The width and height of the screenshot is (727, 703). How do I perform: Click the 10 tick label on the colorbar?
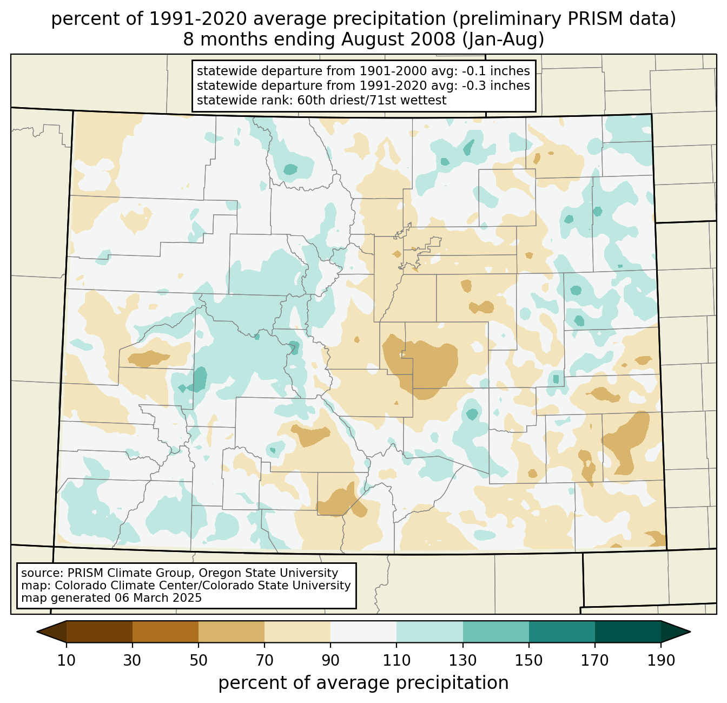[x=67, y=661]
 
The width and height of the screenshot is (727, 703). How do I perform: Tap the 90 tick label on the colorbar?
[x=331, y=661]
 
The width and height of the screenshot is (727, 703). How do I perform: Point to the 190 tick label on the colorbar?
[x=661, y=661]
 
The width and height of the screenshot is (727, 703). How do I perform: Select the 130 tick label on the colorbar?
[x=463, y=661]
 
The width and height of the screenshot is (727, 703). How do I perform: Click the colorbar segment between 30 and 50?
[x=166, y=632]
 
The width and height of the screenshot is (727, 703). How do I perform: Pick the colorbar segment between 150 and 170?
[x=562, y=632]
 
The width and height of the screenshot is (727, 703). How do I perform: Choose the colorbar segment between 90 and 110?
[x=363, y=632]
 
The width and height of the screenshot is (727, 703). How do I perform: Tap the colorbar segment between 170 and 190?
[x=628, y=632]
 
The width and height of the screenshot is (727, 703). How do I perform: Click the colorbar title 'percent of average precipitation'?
[x=363, y=683]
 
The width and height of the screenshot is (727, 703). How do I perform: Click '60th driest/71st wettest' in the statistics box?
[x=372, y=100]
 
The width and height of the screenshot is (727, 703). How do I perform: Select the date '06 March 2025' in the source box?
[x=158, y=598]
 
